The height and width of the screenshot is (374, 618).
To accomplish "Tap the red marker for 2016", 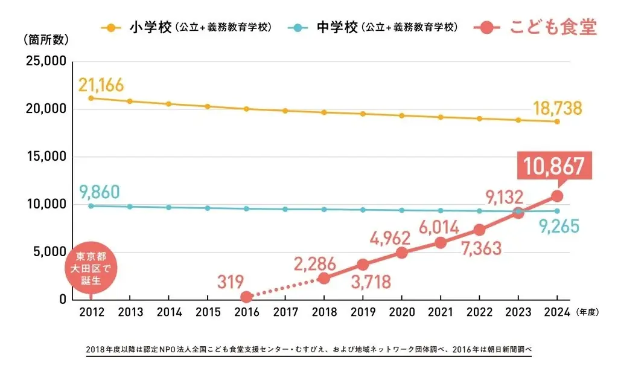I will (246, 297).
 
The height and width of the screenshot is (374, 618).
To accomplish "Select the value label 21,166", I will (101, 85).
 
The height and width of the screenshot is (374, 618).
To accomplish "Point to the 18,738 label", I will (557, 108).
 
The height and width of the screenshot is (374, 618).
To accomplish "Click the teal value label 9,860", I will (99, 192).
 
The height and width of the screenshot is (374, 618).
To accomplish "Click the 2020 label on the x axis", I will (401, 312).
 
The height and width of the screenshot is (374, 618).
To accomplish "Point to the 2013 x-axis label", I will (130, 312).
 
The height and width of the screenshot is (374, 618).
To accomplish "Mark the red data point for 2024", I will (557, 196).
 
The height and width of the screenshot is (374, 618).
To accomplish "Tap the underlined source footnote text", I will (308, 350).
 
